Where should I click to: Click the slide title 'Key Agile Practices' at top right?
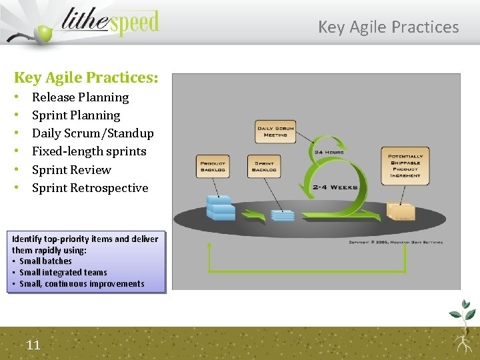click(x=388, y=27)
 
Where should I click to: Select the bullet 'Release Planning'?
click(x=80, y=97)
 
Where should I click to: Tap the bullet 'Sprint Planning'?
click(x=76, y=115)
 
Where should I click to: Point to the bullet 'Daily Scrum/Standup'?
click(x=93, y=133)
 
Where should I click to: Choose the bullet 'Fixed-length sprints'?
click(x=89, y=151)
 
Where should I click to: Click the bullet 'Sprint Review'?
click(x=71, y=169)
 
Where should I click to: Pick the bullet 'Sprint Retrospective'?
click(x=90, y=188)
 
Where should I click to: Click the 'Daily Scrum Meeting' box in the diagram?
click(x=275, y=131)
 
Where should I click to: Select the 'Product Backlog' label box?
click(x=213, y=167)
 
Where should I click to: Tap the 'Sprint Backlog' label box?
click(x=264, y=167)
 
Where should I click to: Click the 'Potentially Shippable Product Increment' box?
click(x=405, y=166)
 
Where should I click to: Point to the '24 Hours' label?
click(x=329, y=153)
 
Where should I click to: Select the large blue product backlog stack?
click(x=221, y=207)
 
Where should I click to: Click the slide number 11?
click(x=33, y=345)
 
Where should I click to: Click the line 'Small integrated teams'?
click(x=63, y=272)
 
